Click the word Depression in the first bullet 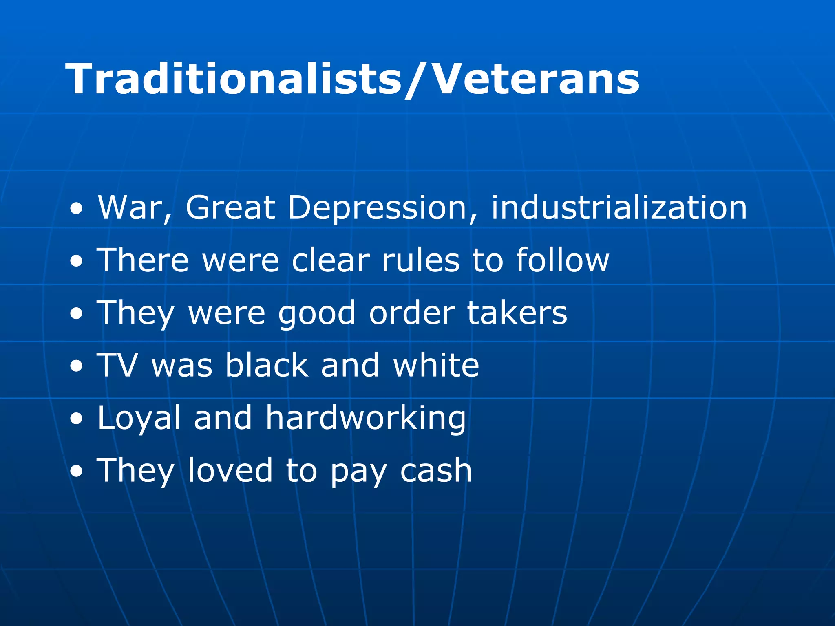[377, 208]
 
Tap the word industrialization [619, 208]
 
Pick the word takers [517, 313]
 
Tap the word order [412, 313]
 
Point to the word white [436, 365]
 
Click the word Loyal [139, 418]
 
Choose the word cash [436, 471]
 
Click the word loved [230, 470]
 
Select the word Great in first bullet [230, 208]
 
